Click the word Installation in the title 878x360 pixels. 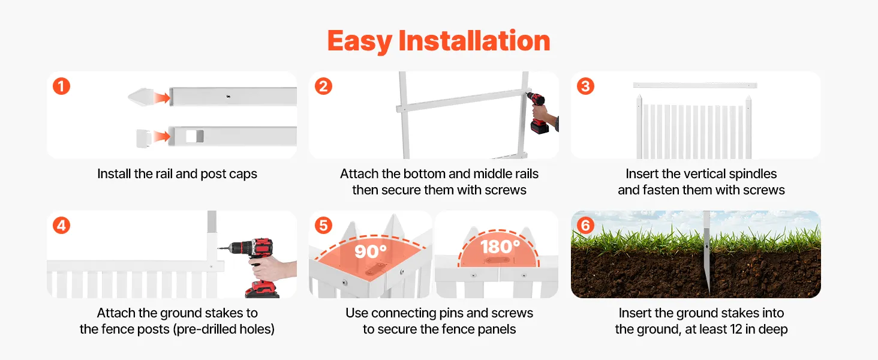tap(474, 40)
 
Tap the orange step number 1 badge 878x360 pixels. tap(62, 86)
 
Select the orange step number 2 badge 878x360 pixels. tap(323, 86)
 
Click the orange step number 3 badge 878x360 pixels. tap(585, 86)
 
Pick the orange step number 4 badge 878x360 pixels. tap(62, 226)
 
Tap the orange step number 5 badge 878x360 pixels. tap(323, 226)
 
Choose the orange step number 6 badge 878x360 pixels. tap(585, 226)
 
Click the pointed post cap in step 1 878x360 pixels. tap(141, 97)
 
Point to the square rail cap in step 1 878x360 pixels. tap(143, 138)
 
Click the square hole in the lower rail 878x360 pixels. tap(194, 136)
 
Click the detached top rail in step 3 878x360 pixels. tap(695, 85)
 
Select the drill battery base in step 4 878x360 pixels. tap(262, 290)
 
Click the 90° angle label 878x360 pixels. tap(371, 251)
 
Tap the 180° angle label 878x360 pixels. tap(500, 247)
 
